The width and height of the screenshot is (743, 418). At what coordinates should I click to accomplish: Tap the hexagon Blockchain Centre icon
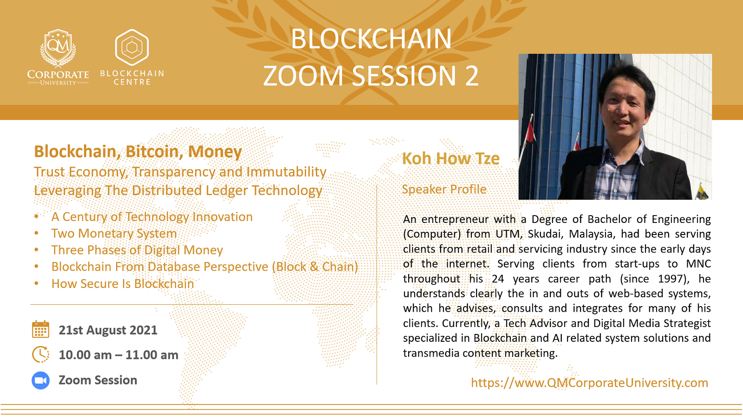pyautogui.click(x=132, y=47)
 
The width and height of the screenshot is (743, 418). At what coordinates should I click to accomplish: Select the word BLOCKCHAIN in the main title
pyautogui.click(x=371, y=39)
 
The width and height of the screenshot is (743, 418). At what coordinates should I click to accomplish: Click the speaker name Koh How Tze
pyautogui.click(x=451, y=158)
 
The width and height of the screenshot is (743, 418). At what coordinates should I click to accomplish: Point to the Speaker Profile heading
pyautogui.click(x=444, y=189)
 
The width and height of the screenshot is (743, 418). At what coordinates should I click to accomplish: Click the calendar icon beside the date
pyautogui.click(x=40, y=329)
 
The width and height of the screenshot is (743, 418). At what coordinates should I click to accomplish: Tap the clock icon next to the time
pyautogui.click(x=40, y=354)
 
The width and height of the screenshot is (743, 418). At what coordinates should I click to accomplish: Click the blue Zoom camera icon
pyautogui.click(x=40, y=380)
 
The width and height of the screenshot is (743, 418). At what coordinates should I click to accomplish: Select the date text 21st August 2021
pyautogui.click(x=108, y=330)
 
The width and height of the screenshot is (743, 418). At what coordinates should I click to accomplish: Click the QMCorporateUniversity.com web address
pyautogui.click(x=589, y=383)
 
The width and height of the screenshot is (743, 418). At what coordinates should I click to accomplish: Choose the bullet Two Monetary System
pyautogui.click(x=114, y=233)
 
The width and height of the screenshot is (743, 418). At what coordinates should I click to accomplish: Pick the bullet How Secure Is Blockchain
pyautogui.click(x=123, y=284)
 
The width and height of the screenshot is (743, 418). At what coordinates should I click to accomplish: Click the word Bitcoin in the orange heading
pyautogui.click(x=152, y=151)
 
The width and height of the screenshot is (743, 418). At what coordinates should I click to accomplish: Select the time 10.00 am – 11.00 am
pyautogui.click(x=118, y=355)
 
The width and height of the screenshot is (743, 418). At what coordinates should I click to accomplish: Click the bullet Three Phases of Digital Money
pyautogui.click(x=137, y=250)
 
